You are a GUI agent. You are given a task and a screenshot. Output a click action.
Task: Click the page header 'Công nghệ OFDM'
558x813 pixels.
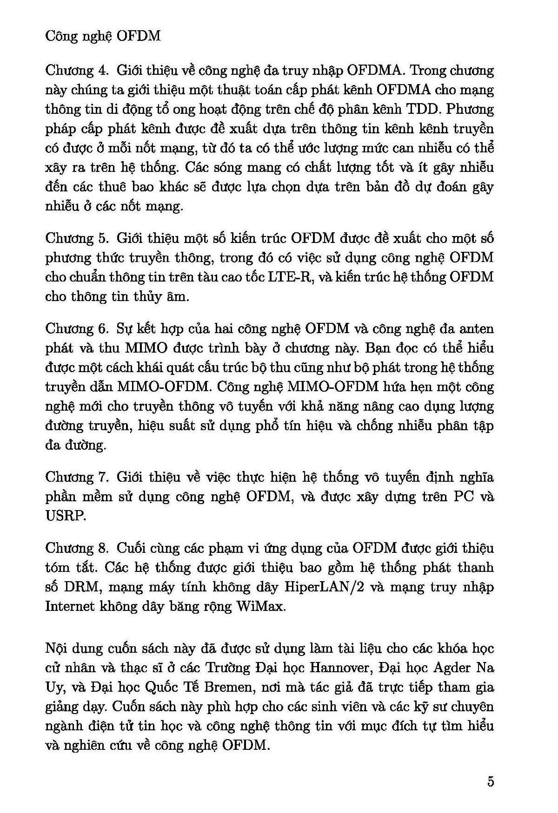click(103, 36)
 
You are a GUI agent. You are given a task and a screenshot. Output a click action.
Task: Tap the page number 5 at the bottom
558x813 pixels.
click(491, 781)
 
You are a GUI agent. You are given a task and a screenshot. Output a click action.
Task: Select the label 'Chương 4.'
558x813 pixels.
click(77, 71)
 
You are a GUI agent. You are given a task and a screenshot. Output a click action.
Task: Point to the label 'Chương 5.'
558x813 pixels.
click(77, 238)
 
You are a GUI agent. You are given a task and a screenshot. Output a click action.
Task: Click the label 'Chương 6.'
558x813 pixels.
click(77, 328)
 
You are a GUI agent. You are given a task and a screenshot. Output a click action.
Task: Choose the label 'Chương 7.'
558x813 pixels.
click(77, 477)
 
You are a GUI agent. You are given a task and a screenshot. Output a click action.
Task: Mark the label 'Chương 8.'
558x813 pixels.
click(77, 548)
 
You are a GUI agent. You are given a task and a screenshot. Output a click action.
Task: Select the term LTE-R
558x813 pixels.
click(286, 277)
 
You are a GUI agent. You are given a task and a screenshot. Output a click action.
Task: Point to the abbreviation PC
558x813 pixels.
click(464, 497)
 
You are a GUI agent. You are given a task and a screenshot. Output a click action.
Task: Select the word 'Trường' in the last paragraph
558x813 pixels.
click(228, 668)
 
